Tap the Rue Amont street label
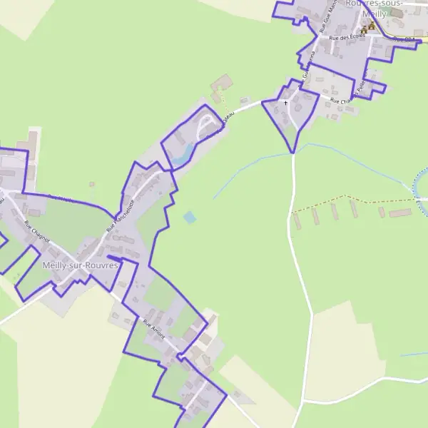pos(154,328)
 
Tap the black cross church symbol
pos(286,103)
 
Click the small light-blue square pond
pos(189,216)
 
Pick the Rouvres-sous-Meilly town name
pos(374,8)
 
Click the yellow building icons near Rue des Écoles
pos(368,28)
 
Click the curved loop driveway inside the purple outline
pos(207,126)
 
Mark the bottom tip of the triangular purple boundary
pos(292,152)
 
